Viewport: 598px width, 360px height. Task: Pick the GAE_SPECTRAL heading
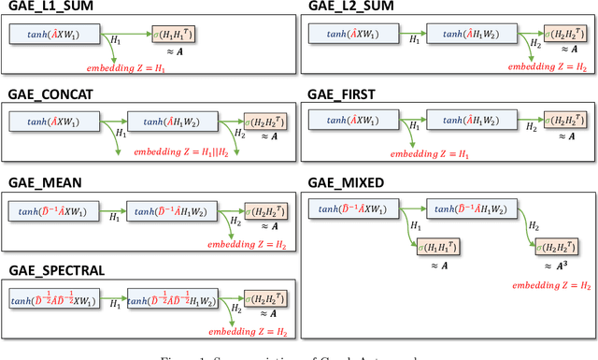coord(57,271)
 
